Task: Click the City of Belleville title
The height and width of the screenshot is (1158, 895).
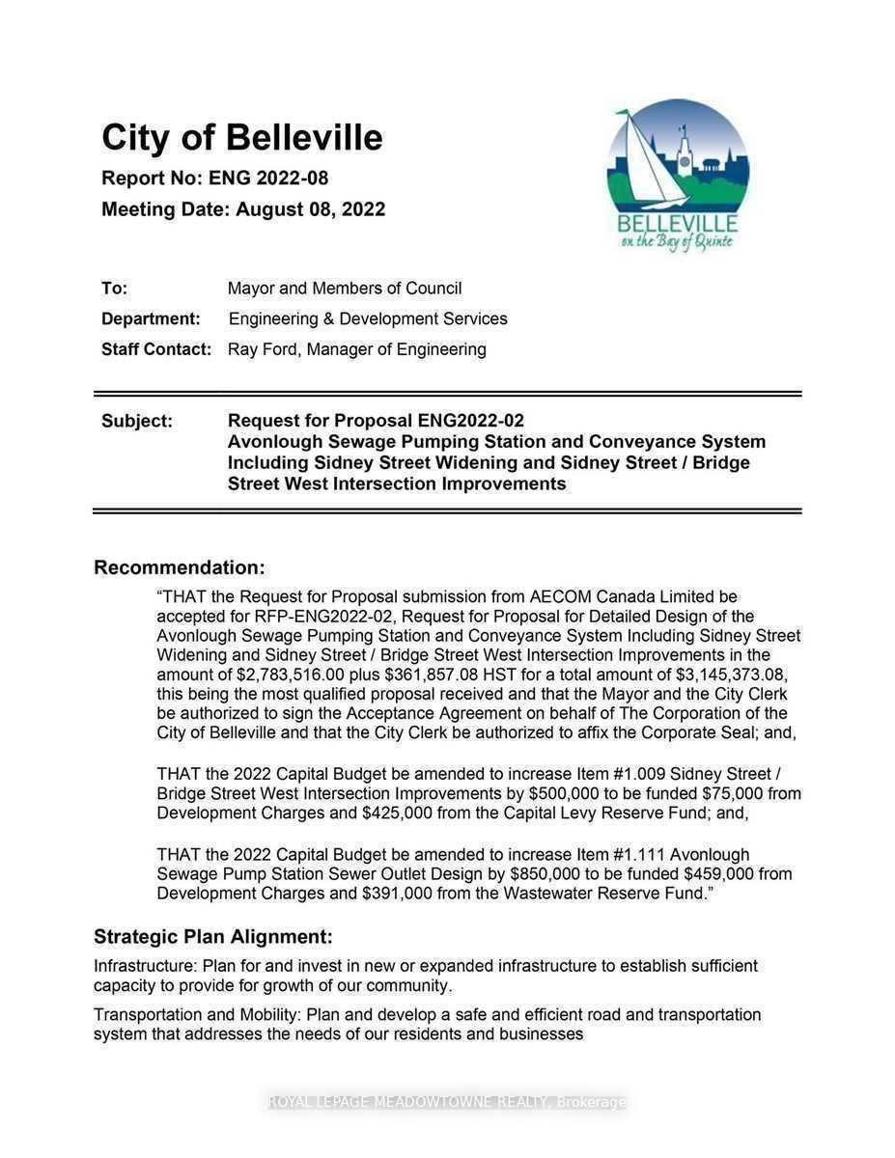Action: pyautogui.click(x=242, y=138)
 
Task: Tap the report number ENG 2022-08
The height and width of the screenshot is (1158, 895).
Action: pyautogui.click(x=268, y=179)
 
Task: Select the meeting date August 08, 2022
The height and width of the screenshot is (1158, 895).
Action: pyautogui.click(x=310, y=209)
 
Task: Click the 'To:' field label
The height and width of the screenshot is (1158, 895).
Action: pyautogui.click(x=114, y=289)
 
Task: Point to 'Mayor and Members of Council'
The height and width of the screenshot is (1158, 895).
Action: pyautogui.click(x=345, y=289)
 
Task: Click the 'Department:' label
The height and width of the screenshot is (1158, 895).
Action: pyautogui.click(x=151, y=319)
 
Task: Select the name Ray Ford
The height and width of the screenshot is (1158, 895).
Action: pyautogui.click(x=263, y=349)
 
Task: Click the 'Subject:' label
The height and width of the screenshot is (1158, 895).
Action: pyautogui.click(x=137, y=421)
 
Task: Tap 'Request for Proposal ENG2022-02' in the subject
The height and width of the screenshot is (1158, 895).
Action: pyautogui.click(x=376, y=421)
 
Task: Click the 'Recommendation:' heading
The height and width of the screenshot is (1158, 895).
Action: pyautogui.click(x=179, y=567)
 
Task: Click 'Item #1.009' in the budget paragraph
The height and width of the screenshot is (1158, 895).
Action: pyautogui.click(x=618, y=774)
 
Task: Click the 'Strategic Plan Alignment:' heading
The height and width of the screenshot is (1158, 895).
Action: pyautogui.click(x=212, y=936)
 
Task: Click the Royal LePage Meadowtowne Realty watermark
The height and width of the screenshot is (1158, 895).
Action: pyautogui.click(x=447, y=1102)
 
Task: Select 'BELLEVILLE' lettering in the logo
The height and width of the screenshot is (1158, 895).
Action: pyautogui.click(x=677, y=224)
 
